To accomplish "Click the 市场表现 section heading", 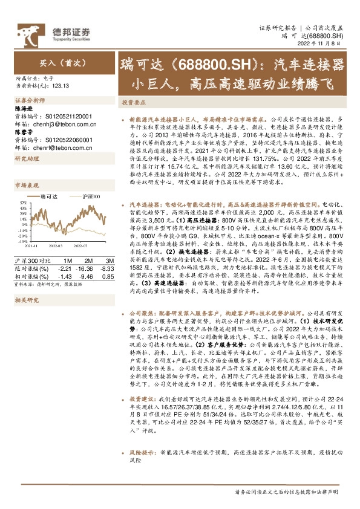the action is [x=27, y=185].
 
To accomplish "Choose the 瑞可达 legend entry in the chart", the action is [x=47, y=196].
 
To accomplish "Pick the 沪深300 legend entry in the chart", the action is [x=91, y=196].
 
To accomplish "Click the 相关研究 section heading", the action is [x=27, y=300].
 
